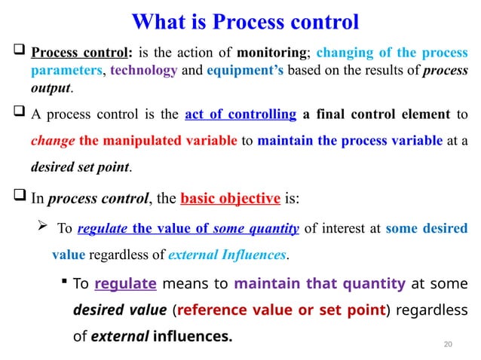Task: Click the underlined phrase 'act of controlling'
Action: (x=240, y=114)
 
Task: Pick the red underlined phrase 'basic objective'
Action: (x=231, y=199)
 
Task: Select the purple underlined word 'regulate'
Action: (x=126, y=284)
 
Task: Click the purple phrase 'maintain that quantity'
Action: (x=320, y=284)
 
